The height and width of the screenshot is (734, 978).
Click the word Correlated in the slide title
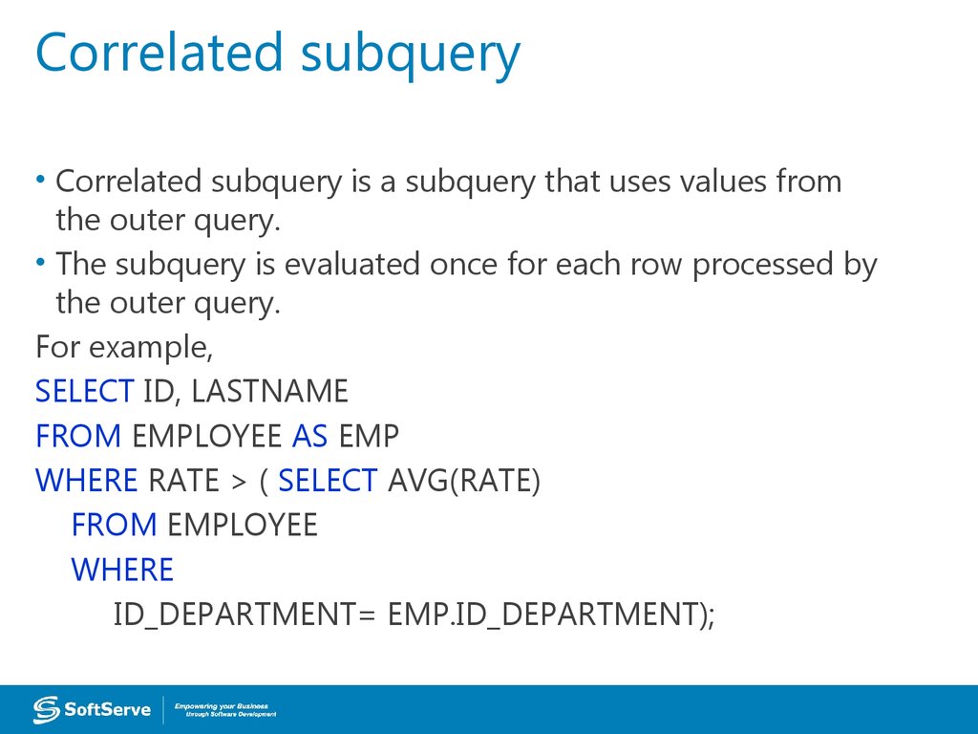tap(159, 54)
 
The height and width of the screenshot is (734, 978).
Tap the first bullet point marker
tap(41, 180)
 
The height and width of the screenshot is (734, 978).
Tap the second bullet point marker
tap(41, 263)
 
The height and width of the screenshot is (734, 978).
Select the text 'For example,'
tap(123, 347)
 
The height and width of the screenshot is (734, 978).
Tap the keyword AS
tap(309, 437)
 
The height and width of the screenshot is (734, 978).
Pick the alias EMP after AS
tap(368, 437)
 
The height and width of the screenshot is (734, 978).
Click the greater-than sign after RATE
tap(238, 482)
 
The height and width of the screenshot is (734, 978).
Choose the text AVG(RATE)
tap(464, 482)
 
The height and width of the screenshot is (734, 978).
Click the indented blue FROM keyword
tap(114, 526)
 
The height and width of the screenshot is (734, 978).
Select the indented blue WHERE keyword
tap(122, 571)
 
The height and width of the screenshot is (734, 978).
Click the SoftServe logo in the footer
tap(92, 709)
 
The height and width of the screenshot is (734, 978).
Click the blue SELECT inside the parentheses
tap(328, 482)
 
